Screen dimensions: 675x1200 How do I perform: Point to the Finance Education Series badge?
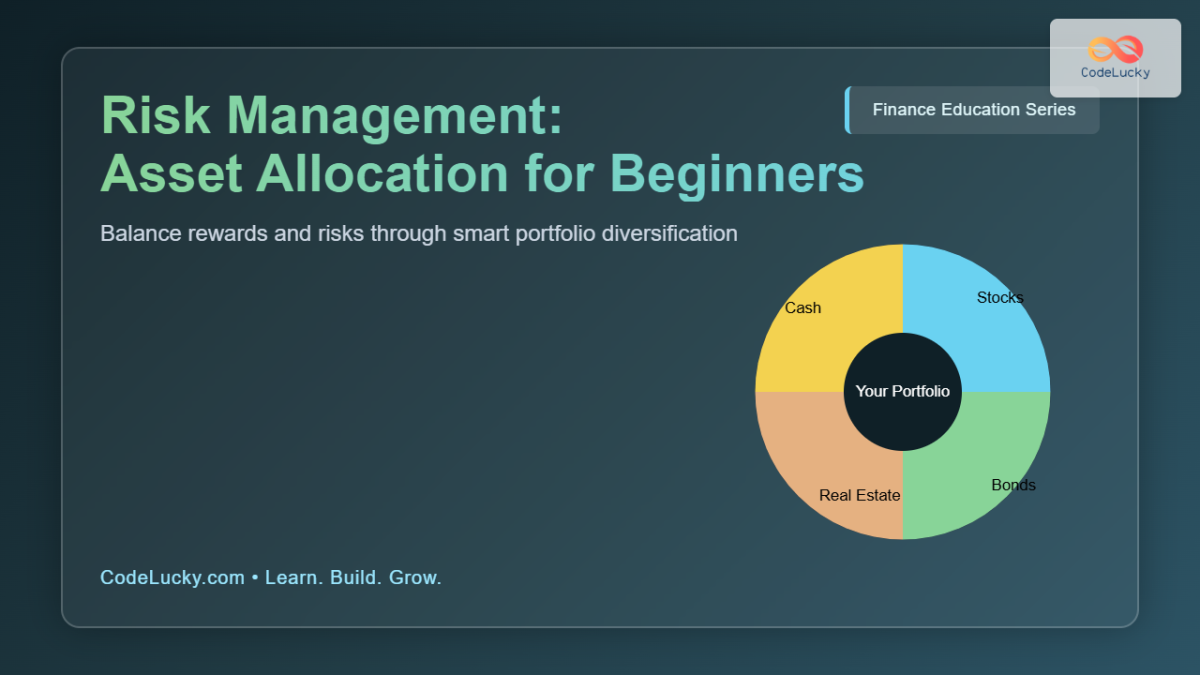pos(973,110)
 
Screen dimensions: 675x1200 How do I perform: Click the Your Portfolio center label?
pos(902,391)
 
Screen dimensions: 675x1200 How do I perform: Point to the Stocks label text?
pos(999,297)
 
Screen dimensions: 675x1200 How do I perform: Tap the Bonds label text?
pos(1013,485)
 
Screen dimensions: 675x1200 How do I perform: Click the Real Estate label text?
pos(859,495)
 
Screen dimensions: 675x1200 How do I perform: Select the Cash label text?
pos(802,308)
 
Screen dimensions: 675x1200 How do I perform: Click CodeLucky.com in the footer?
pos(172,578)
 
